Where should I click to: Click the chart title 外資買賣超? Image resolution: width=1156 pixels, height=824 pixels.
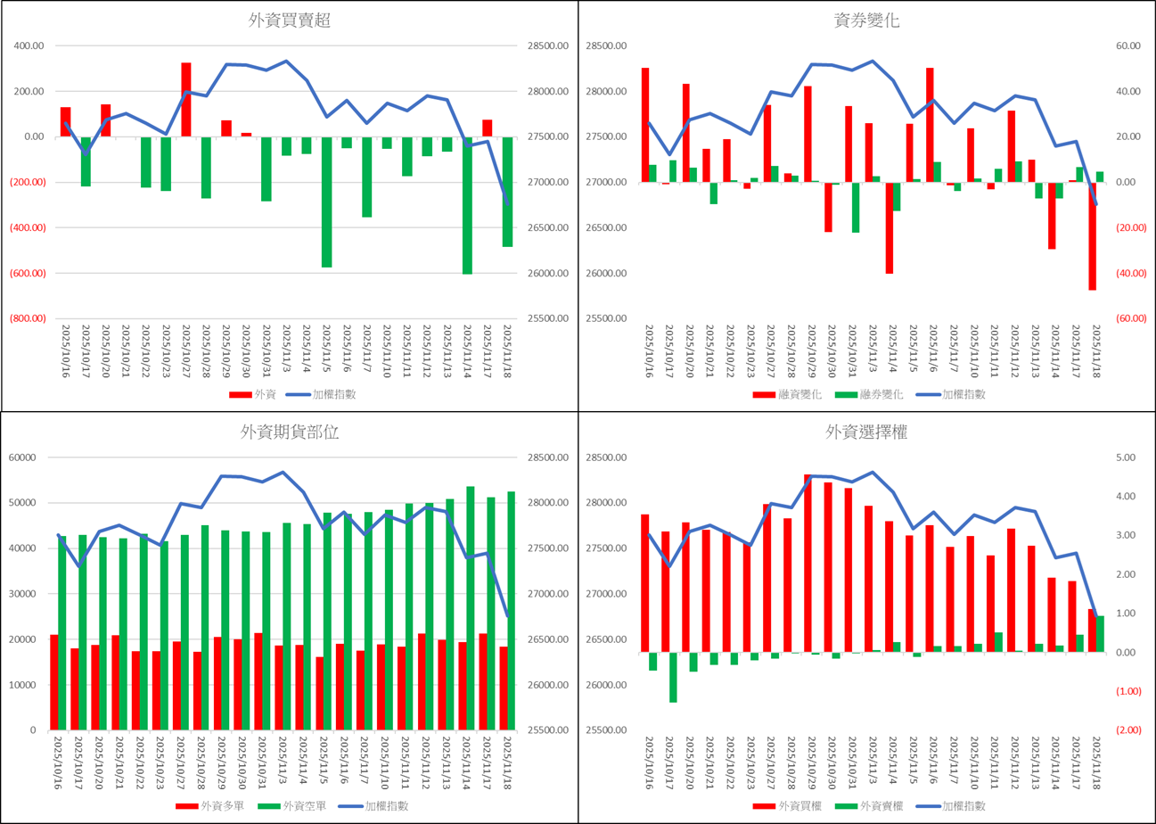click(x=290, y=21)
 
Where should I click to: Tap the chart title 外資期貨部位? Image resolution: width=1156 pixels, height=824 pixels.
click(x=290, y=433)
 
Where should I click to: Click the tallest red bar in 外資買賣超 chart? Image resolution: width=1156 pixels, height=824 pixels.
click(x=186, y=99)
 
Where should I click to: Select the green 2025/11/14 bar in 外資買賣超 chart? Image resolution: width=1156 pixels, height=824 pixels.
click(x=467, y=205)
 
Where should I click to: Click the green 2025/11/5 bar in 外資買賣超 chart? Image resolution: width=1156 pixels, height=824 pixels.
click(x=326, y=202)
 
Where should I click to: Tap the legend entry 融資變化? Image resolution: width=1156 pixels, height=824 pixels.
click(x=791, y=394)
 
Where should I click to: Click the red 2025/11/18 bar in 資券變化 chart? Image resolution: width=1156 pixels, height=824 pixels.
click(x=1092, y=236)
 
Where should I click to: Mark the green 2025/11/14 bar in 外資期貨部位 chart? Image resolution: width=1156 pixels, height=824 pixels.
click(x=471, y=606)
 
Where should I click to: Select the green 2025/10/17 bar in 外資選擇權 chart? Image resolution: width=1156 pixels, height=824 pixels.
click(x=673, y=677)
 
